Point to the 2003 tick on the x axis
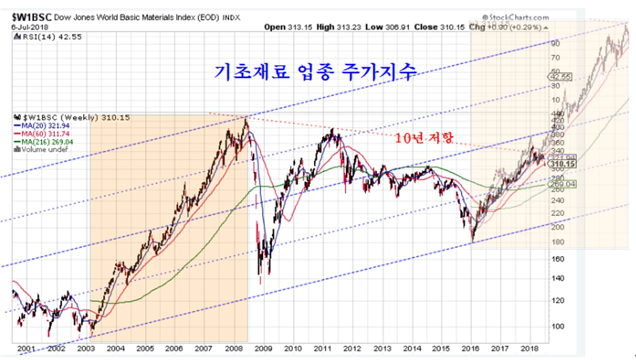click(86, 348)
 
